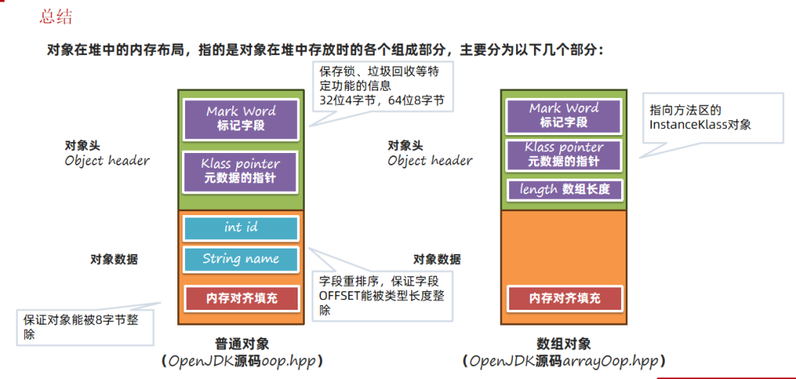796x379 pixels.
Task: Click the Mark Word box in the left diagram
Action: pos(241,117)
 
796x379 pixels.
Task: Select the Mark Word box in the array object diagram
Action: pos(564,115)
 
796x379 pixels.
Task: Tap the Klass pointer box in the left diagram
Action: pos(241,171)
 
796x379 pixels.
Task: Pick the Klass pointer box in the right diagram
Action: pos(564,153)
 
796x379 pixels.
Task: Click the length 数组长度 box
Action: pos(564,189)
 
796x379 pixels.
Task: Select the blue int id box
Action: pos(241,228)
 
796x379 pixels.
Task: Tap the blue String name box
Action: pos(241,259)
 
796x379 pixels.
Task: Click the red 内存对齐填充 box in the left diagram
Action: pos(241,297)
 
